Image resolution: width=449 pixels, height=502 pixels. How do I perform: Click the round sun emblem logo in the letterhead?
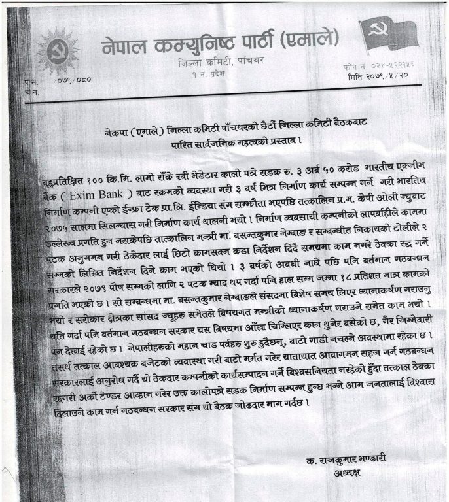tap(57, 52)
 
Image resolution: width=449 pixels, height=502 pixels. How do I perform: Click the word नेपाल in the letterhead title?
tap(130, 44)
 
